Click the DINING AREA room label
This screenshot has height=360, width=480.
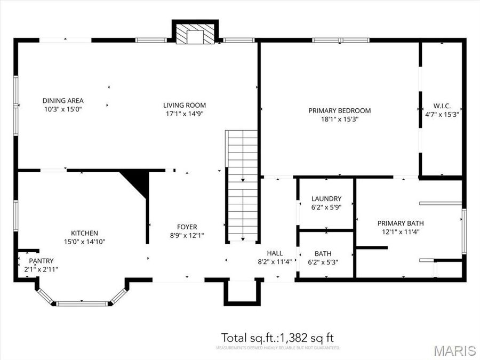[x=63, y=100]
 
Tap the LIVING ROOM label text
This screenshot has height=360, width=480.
[x=184, y=105]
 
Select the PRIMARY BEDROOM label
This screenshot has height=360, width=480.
[x=339, y=111]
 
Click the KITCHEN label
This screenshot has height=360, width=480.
[x=84, y=233]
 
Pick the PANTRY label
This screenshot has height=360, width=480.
[x=41, y=261]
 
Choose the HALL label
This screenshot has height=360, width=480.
[x=275, y=253]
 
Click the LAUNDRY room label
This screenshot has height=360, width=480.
[x=326, y=199]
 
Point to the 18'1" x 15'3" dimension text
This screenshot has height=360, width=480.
[x=339, y=119]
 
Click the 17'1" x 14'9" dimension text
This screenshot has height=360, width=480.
[x=184, y=114]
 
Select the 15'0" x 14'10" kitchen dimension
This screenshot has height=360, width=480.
[x=84, y=242]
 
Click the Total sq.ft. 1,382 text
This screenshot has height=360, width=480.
[x=277, y=338]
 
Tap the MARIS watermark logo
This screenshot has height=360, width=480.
[x=454, y=350]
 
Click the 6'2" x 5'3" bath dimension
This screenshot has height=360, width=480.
[x=323, y=262]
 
